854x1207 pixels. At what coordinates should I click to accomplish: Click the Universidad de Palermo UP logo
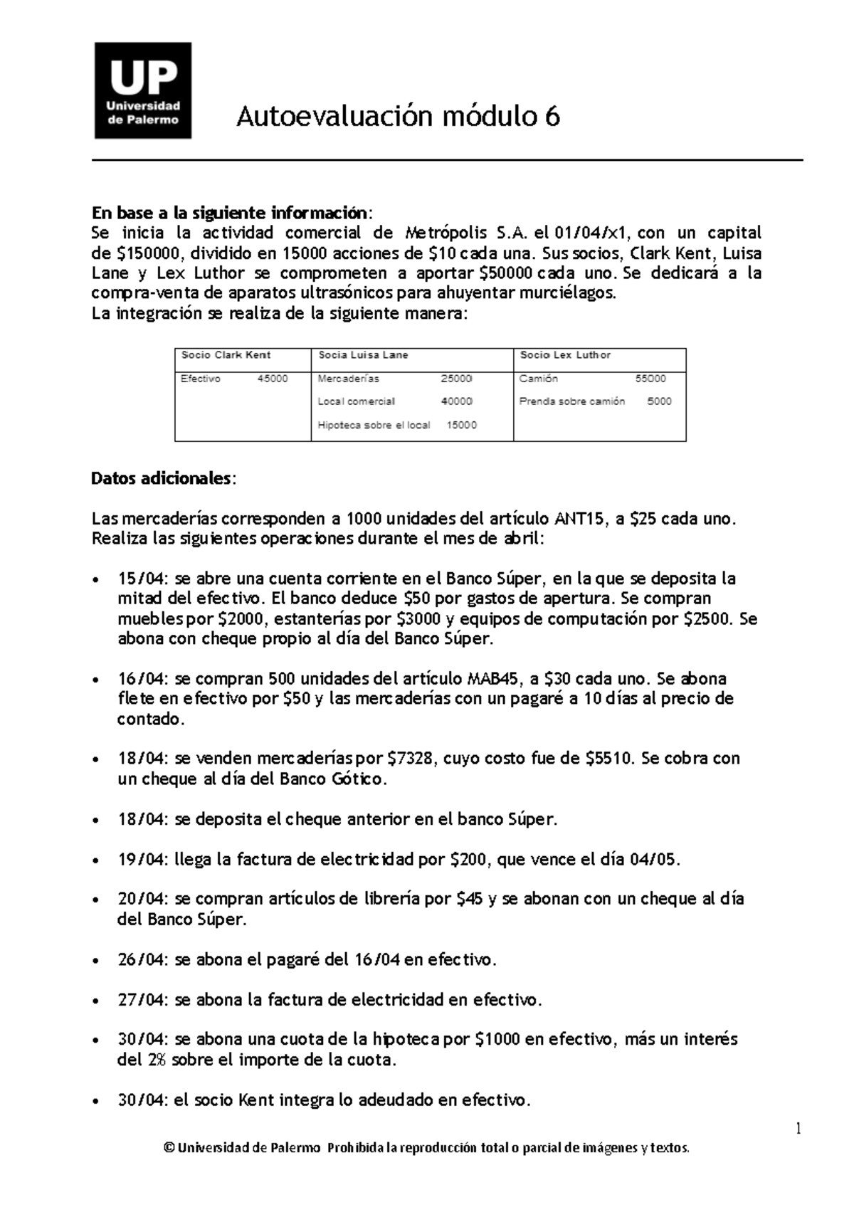pos(143,90)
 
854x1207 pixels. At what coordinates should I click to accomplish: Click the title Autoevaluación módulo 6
pos(399,115)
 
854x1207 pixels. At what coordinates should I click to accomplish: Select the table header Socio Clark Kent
pos(226,355)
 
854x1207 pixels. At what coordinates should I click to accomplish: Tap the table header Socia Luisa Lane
pos(363,355)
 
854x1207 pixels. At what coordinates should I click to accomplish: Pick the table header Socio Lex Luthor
pos(565,355)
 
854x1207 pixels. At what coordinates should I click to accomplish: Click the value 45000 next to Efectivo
pos(273,379)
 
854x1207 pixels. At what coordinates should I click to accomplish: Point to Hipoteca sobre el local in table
pos(374,426)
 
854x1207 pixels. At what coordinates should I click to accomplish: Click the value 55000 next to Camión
pos(650,379)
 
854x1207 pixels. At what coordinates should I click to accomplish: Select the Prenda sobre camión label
pos(572,401)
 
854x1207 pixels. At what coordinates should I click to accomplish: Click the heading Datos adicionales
pos(161,478)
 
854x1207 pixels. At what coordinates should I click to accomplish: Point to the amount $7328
pos(411,759)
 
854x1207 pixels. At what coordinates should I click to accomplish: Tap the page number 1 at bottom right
pos(798,1129)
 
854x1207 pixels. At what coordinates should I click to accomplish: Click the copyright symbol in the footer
pos(169,1149)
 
